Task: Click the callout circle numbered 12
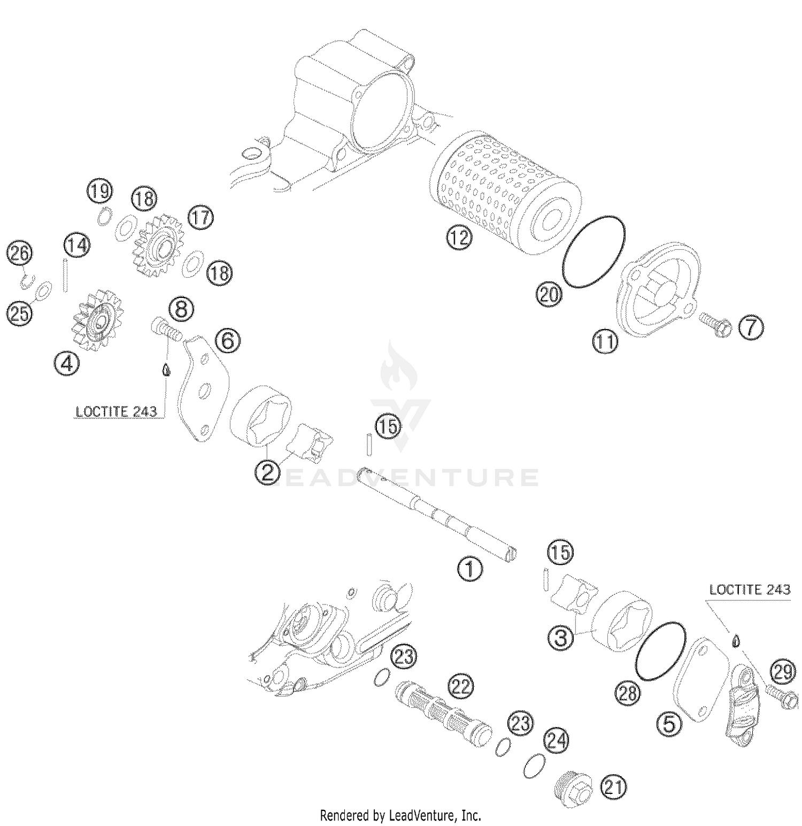click(459, 237)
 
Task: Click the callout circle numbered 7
click(751, 327)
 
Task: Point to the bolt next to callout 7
click(715, 324)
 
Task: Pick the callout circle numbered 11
click(605, 341)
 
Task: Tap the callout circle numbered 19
click(100, 191)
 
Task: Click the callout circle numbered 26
click(20, 253)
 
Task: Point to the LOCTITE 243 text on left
click(117, 411)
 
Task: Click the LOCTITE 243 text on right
click(750, 590)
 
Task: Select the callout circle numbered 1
click(469, 569)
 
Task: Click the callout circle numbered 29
click(783, 672)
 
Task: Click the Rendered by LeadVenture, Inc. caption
click(400, 815)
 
